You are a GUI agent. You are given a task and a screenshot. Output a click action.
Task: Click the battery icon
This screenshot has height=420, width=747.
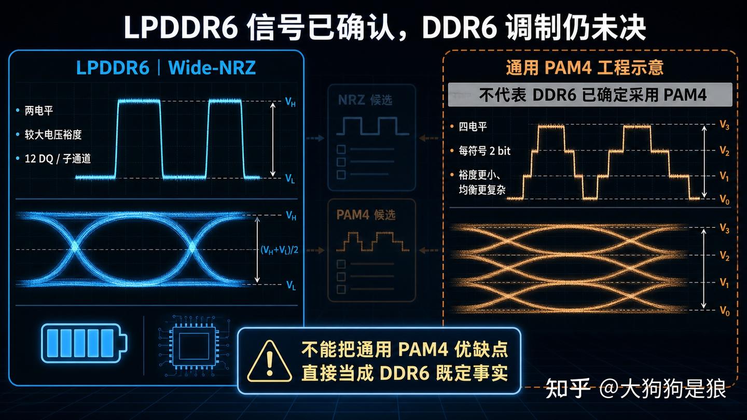coord(84,343)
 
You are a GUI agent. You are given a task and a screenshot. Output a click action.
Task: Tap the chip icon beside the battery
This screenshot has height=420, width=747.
coord(194,347)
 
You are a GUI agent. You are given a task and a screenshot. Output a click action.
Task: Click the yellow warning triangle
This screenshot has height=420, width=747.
coord(269,361)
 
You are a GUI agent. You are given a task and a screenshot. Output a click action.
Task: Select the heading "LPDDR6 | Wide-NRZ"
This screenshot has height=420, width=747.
coord(166,67)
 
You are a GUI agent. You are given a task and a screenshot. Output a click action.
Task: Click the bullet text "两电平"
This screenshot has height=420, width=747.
coord(39,110)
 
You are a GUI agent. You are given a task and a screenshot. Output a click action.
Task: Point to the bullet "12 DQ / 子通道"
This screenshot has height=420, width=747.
coord(58,159)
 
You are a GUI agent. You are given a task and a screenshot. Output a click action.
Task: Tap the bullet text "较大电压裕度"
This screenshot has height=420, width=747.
coord(53,135)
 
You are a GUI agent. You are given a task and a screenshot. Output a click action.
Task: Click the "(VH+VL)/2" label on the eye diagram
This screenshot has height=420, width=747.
coord(280,250)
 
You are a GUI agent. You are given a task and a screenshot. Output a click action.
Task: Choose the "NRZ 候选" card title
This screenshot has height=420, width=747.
coord(365,100)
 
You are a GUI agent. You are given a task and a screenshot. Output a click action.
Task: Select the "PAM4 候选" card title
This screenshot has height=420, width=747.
coord(366,215)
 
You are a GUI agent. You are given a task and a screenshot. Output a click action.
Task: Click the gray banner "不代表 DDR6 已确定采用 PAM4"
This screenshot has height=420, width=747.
coord(590,95)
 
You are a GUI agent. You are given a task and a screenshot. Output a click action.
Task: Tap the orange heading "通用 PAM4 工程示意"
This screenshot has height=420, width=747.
coord(585,67)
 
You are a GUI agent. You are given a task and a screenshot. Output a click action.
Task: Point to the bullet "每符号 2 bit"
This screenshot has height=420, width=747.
coord(485,151)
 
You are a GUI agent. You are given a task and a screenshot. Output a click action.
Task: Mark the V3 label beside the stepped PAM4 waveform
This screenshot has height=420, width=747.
coord(724,125)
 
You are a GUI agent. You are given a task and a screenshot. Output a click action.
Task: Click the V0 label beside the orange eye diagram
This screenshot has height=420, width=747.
coord(724,311)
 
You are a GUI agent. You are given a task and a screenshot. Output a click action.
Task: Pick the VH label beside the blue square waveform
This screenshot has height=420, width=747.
coord(290,102)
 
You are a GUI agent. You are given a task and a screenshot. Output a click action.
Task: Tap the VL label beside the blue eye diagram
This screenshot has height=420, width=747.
coord(291,285)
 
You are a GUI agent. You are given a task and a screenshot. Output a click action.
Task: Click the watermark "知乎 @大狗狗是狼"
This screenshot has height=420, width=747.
coord(635,389)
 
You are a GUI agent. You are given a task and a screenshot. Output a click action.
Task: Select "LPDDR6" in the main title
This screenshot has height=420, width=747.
coord(181,27)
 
